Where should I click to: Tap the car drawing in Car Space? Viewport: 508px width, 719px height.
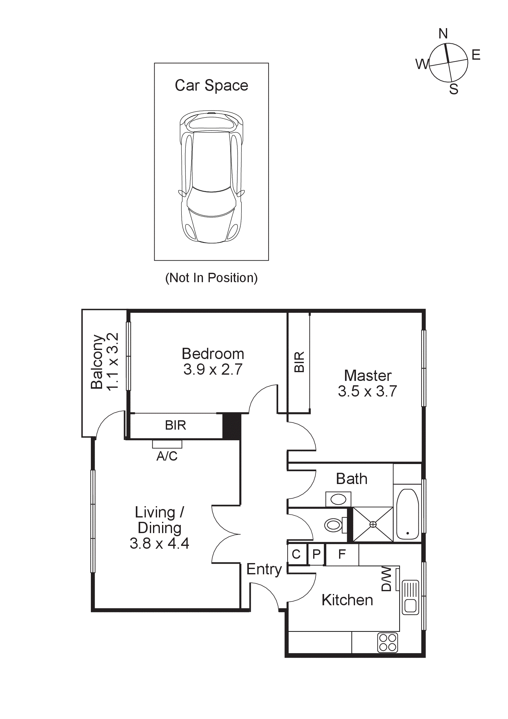[211, 177]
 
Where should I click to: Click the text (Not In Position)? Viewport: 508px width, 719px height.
[211, 278]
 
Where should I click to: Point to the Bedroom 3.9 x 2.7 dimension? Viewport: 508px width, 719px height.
[213, 370]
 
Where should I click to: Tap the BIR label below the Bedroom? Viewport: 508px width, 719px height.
[175, 425]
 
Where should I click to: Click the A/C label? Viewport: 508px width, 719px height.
[167, 456]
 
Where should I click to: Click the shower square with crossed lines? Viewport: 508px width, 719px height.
[373, 524]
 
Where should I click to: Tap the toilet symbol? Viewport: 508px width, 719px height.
[334, 525]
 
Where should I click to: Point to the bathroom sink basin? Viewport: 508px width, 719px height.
[338, 499]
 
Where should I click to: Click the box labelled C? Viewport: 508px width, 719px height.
[296, 554]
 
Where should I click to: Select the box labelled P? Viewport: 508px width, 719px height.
[316, 554]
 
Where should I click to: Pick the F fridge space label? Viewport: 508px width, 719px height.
[342, 554]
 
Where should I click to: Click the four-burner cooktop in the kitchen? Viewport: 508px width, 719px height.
[387, 642]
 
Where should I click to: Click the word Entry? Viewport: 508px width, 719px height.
[264, 569]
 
